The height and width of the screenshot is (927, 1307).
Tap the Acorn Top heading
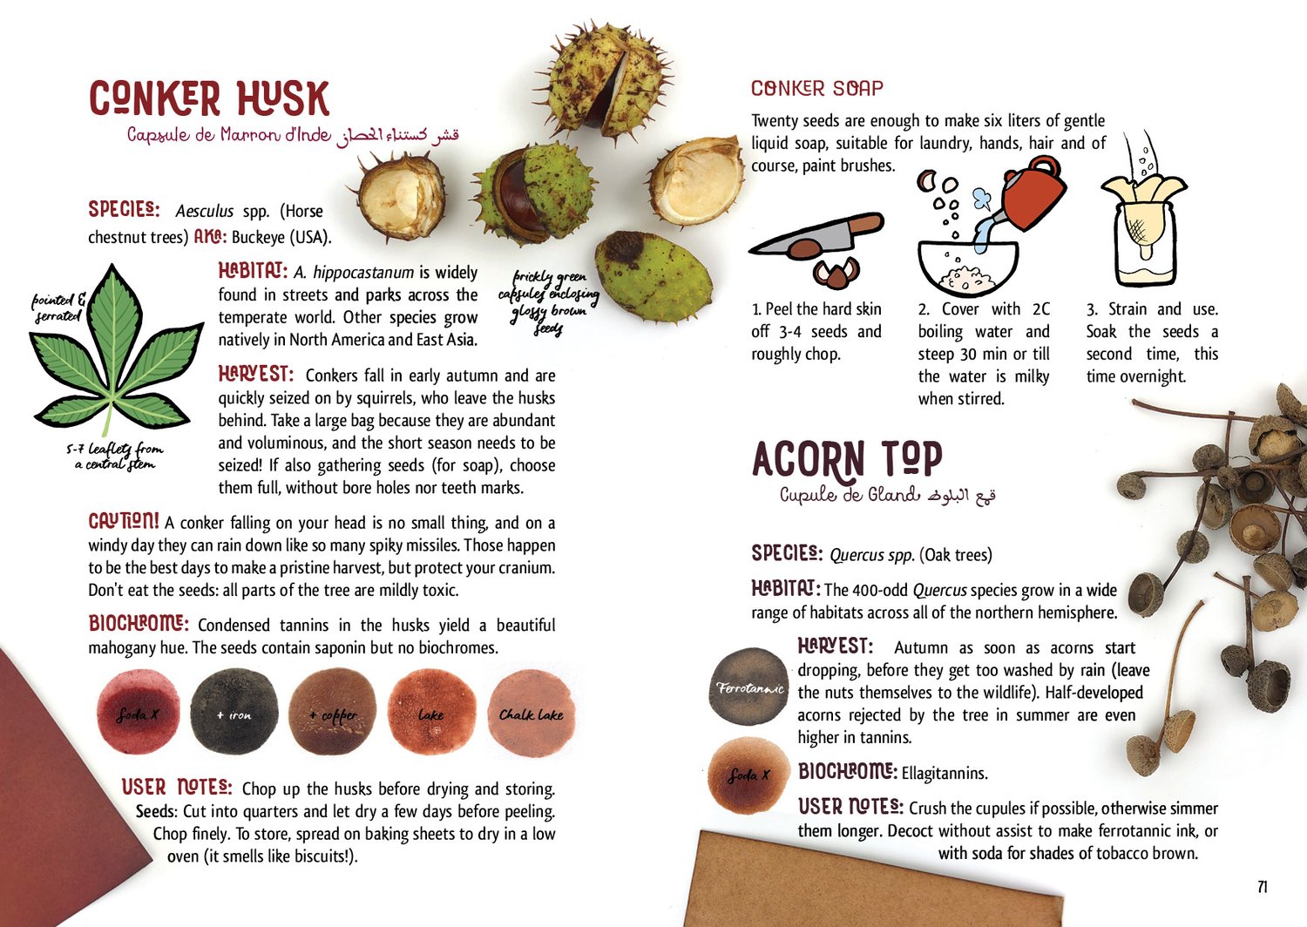[847, 458]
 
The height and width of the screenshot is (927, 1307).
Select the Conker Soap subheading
[817, 88]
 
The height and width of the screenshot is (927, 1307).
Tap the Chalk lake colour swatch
[532, 713]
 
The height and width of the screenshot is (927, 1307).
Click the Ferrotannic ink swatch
[749, 687]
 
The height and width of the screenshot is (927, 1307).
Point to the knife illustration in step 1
[816, 233]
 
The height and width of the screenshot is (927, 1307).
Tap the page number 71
[1262, 887]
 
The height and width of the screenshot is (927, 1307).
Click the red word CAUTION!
[123, 521]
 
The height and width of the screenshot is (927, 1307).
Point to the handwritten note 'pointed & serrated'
[58, 308]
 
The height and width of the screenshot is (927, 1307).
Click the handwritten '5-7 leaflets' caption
[115, 457]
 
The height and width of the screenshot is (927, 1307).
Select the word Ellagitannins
[944, 774]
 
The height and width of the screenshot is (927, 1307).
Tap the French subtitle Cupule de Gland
[849, 495]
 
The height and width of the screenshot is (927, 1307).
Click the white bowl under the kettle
[967, 268]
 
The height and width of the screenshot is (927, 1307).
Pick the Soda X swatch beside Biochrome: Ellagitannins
[748, 775]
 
